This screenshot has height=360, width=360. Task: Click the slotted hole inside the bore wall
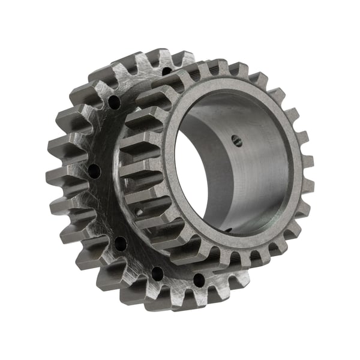[x=236, y=142]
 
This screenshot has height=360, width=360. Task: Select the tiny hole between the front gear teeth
[x=140, y=211]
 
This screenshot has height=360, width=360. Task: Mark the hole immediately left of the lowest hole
[x=157, y=273]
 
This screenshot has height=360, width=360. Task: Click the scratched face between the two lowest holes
[x=178, y=279]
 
